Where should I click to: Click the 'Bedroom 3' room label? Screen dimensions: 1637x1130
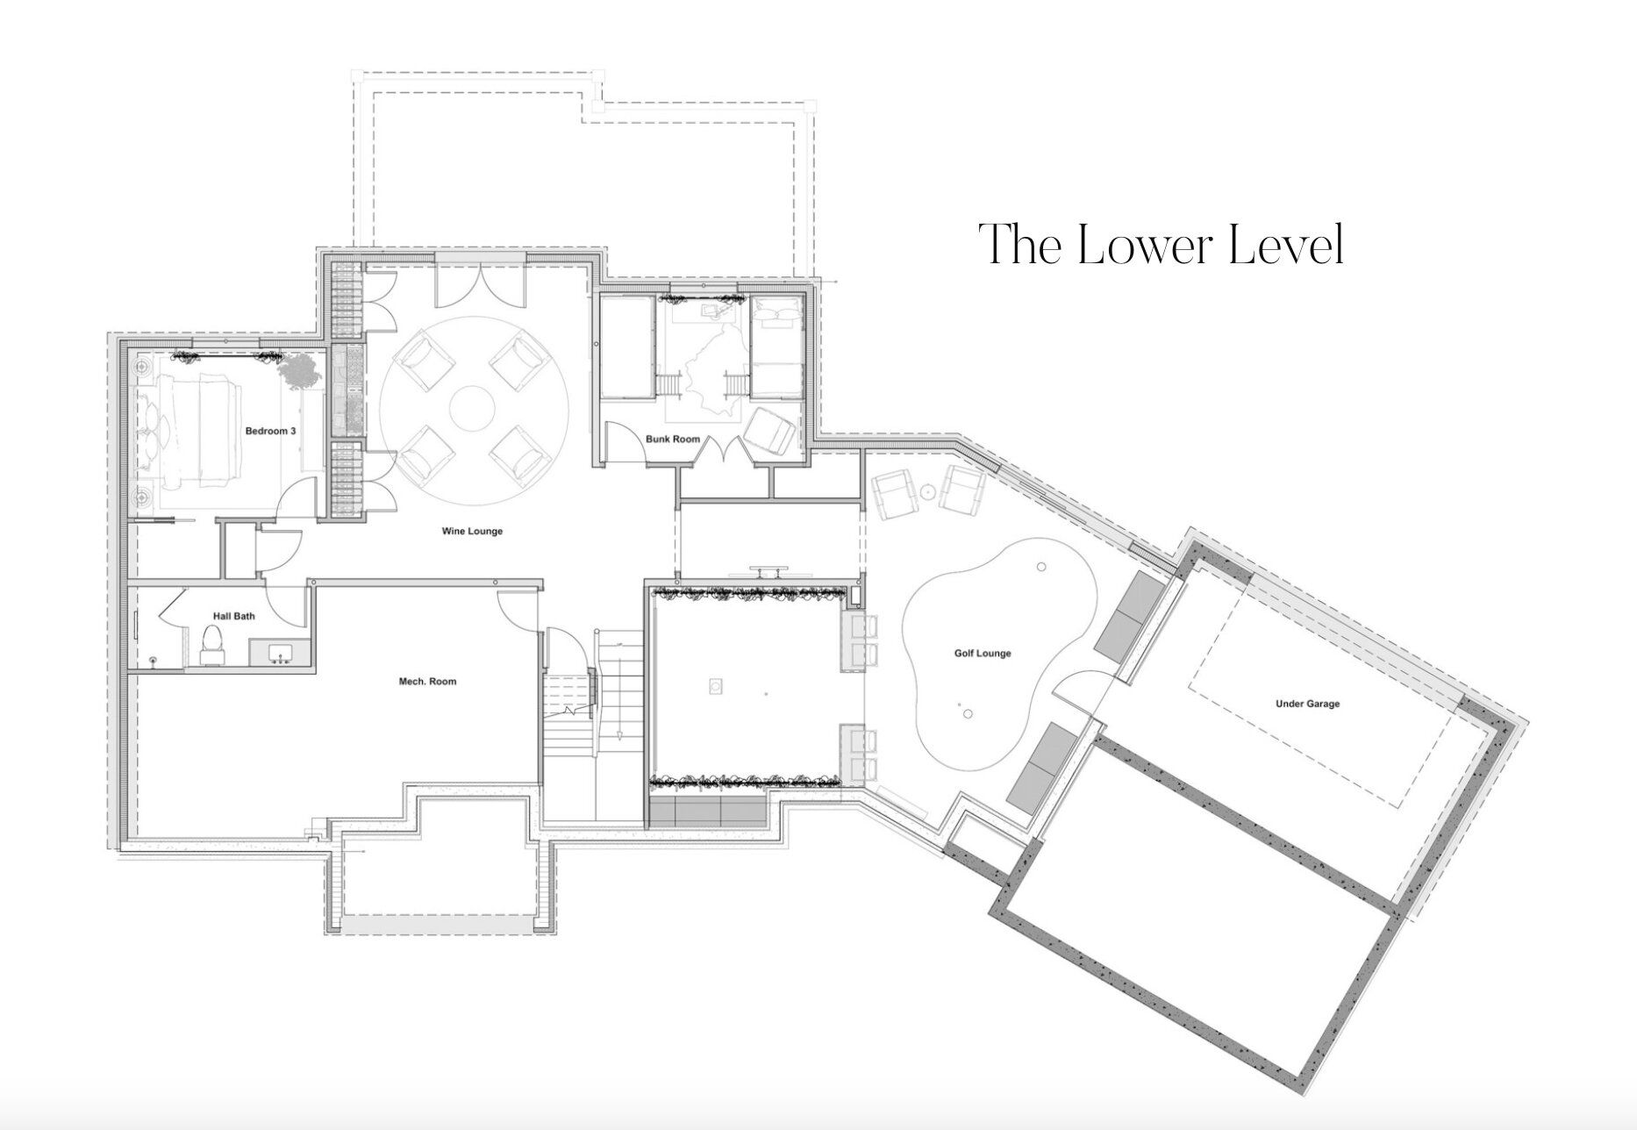coord(270,431)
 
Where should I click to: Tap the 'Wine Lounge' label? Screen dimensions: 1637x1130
coord(473,531)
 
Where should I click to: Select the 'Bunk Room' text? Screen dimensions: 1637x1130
coord(673,439)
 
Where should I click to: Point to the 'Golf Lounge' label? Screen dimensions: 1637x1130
coord(983,653)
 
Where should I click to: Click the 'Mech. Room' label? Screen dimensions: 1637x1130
coord(428,681)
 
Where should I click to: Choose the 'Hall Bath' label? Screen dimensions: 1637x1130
coord(234,616)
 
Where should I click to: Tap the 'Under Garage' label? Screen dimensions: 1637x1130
coord(1308,704)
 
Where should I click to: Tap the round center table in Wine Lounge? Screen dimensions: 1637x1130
coord(474,409)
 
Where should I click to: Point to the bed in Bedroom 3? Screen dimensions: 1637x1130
coord(203,430)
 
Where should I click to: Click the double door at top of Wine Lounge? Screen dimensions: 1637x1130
coord(481,284)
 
